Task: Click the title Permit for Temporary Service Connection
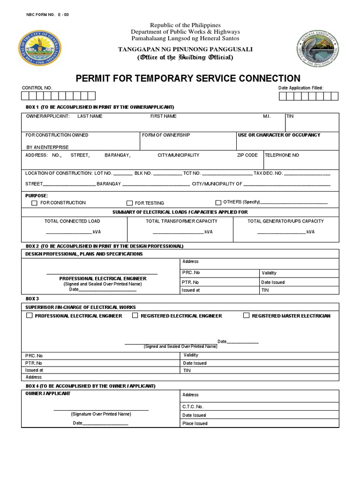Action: tap(188, 78)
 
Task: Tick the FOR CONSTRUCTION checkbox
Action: tap(34, 203)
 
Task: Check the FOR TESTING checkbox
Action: tap(129, 203)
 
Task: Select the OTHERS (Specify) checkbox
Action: tap(218, 202)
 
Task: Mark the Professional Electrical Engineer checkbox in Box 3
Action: tap(29, 316)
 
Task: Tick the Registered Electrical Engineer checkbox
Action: tap(135, 316)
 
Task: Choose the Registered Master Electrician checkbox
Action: tap(246, 316)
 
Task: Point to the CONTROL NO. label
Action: tap(37, 88)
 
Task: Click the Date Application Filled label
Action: tap(301, 88)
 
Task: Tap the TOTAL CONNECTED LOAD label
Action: tap(72, 221)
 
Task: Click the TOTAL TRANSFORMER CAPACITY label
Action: tap(181, 221)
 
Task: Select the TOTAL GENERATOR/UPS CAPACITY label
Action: tap(285, 221)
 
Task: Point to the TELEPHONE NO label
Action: tap(282, 155)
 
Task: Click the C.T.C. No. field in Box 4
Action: tap(193, 407)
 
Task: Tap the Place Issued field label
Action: tap(195, 424)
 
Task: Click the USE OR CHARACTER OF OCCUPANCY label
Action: tap(279, 135)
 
